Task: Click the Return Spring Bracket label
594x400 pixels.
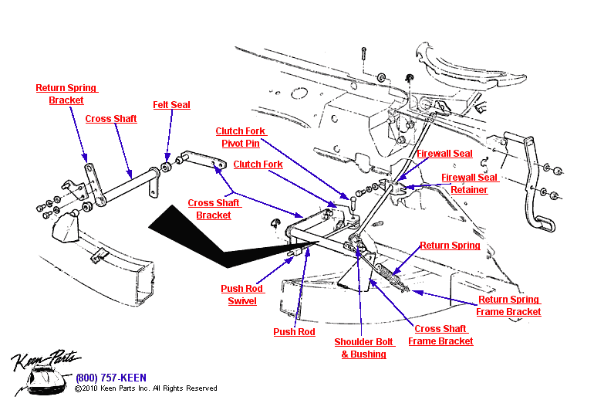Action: point(66,93)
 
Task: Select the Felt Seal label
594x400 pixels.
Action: point(171,105)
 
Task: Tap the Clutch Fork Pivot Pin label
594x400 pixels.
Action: point(241,137)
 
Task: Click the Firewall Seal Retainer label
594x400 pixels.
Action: point(469,183)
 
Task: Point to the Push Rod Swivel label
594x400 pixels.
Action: point(242,294)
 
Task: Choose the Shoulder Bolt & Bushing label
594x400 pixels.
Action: point(363,347)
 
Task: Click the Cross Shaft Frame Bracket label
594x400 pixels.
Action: point(440,334)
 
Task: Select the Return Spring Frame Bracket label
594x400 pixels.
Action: point(508,306)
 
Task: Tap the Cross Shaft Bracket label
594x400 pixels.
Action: point(214,209)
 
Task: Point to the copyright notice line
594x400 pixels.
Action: point(146,388)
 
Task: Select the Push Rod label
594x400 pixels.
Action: point(294,332)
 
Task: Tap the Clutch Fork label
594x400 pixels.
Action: point(258,164)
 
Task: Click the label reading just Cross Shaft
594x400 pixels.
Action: point(111,119)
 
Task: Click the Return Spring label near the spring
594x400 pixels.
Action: point(450,246)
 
